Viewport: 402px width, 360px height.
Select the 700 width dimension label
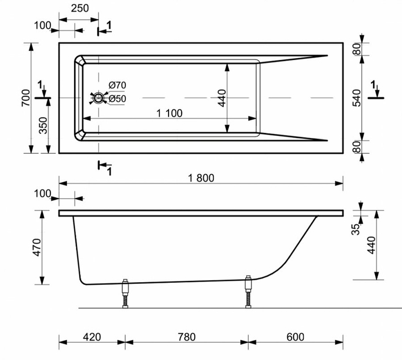click(25, 98)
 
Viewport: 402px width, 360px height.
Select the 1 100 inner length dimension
click(169, 113)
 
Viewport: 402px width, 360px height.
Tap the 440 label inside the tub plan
click(222, 98)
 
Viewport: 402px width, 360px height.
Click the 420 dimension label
click(92, 337)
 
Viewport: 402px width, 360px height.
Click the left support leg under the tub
click(125, 294)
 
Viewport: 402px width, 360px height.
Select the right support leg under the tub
click(248, 292)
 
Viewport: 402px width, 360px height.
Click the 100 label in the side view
click(43, 194)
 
